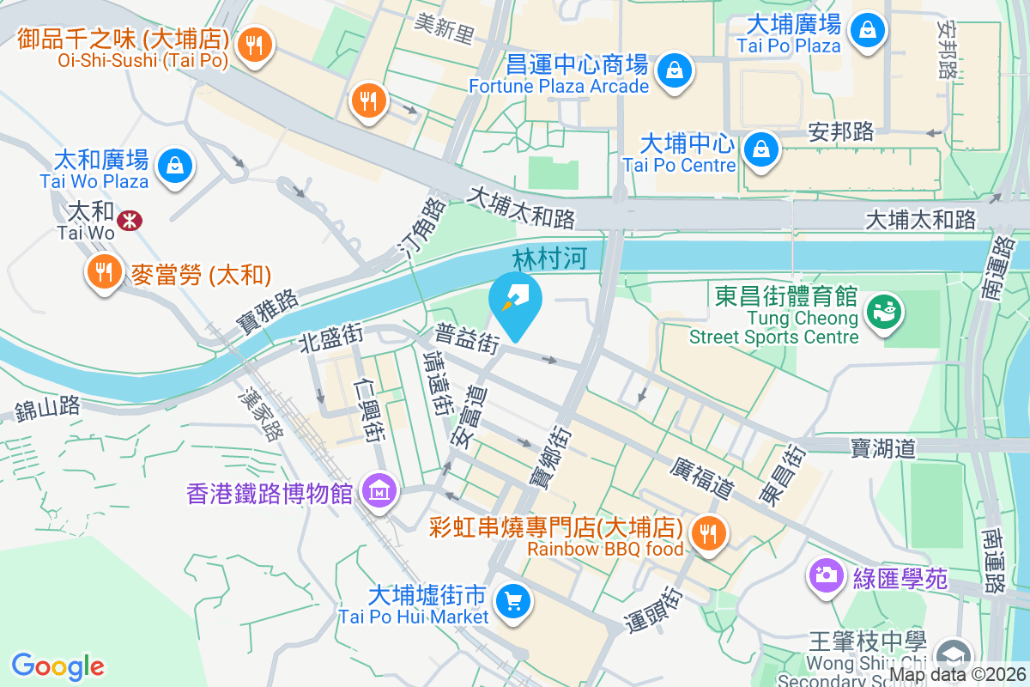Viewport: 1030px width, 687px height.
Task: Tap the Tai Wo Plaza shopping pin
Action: click(x=175, y=163)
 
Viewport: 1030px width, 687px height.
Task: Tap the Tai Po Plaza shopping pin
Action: click(x=869, y=30)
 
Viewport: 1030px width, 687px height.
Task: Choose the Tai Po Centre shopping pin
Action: click(x=760, y=149)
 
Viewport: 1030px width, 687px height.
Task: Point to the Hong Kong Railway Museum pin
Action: click(x=378, y=491)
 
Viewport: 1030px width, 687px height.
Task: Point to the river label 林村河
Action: click(x=543, y=258)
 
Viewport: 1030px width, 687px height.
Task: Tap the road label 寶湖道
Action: click(x=883, y=447)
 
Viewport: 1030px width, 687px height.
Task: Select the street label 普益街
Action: click(x=467, y=338)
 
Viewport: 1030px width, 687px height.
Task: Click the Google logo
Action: click(x=58, y=666)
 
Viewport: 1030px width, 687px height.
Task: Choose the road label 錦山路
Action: click(x=47, y=409)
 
